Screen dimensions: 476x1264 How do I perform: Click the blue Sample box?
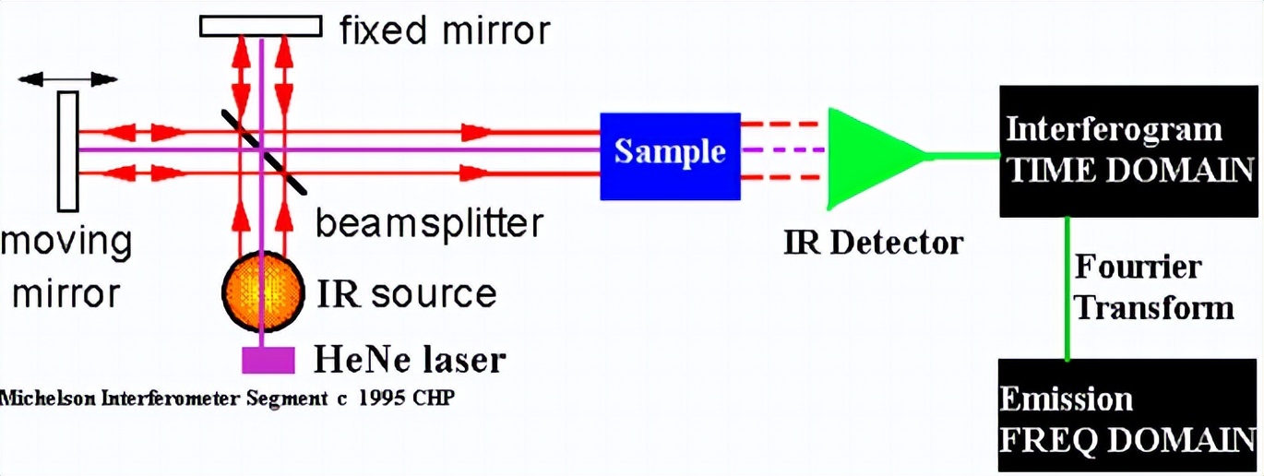coord(670,155)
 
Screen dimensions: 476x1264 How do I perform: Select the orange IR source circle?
coord(264,292)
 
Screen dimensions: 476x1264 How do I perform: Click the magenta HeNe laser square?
coord(268,360)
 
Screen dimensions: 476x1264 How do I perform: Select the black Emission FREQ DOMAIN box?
coord(1127,415)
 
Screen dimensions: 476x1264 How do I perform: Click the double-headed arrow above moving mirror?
coord(67,78)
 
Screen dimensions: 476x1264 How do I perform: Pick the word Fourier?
coord(1138,268)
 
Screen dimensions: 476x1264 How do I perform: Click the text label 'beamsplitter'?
coord(429,224)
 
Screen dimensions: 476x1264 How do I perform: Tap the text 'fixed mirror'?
coord(445,31)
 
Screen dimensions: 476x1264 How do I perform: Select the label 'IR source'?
coord(406,293)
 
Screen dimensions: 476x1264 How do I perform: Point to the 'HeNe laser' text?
coord(411,358)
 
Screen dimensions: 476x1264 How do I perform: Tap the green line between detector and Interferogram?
coord(964,156)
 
